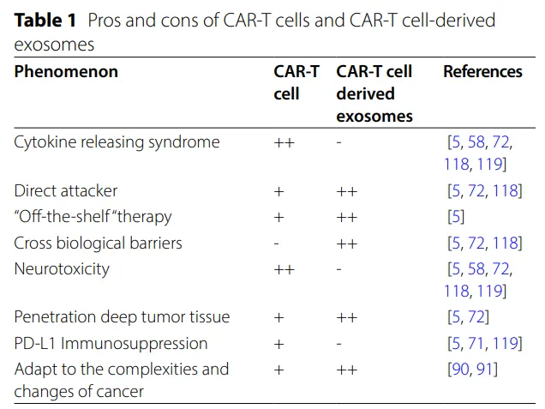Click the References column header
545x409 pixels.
(482, 72)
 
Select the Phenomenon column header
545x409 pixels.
(66, 72)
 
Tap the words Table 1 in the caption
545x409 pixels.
(45, 20)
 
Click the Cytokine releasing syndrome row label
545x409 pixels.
(117, 142)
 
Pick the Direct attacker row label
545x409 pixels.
(66, 191)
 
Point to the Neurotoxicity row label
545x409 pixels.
(62, 269)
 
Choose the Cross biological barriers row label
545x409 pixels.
(98, 243)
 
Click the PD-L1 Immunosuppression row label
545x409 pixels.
(111, 344)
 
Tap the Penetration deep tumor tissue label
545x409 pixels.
(122, 317)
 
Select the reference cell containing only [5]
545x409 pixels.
(456, 217)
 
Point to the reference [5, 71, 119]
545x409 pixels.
(485, 344)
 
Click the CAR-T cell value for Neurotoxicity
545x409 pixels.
(284, 269)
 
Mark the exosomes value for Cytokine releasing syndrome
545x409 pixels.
(338, 142)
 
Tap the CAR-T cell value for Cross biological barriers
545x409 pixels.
(276, 244)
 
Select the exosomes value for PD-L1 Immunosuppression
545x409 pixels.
(338, 344)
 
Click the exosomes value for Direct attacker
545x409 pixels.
(346, 191)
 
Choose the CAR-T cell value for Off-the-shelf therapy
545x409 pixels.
(278, 218)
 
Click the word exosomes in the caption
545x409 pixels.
(54, 45)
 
